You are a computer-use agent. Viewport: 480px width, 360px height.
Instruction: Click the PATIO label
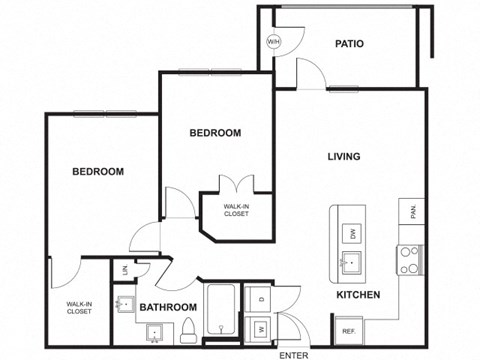click(349, 44)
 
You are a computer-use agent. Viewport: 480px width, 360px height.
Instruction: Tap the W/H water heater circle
click(273, 42)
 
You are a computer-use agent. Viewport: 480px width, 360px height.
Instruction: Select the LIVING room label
click(344, 156)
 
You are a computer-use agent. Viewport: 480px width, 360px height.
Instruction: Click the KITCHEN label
click(357, 296)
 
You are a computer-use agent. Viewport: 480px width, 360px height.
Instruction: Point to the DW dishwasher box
click(353, 234)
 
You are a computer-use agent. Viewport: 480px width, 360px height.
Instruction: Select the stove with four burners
click(410, 259)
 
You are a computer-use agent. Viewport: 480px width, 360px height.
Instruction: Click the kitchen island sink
click(352, 263)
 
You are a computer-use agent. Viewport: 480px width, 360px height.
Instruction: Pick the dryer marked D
click(260, 299)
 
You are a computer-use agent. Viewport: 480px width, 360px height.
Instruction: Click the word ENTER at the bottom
click(294, 354)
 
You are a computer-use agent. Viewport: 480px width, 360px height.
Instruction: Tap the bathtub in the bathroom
click(220, 312)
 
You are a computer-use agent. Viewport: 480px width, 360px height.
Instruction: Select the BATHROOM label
click(166, 307)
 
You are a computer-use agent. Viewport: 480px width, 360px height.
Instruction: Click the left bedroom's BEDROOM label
click(98, 171)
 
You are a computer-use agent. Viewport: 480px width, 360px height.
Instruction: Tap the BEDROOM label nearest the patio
click(215, 132)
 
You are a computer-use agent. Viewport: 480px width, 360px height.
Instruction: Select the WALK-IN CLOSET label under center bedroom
click(237, 211)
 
